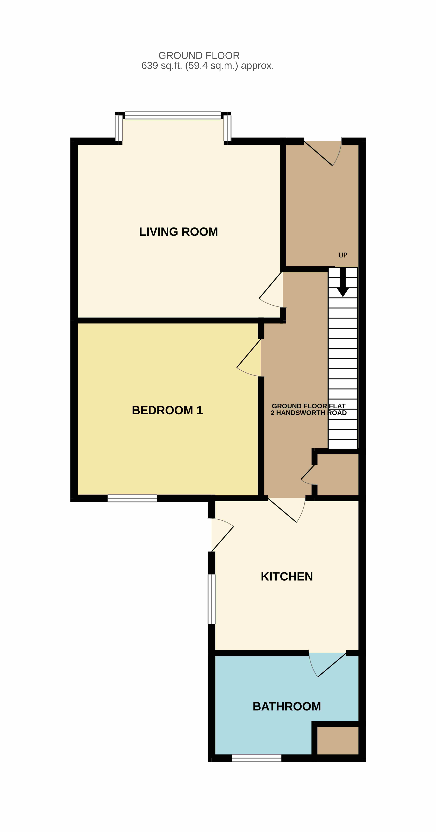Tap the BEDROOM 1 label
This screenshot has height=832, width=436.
(167, 410)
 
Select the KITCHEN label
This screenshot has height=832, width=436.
(287, 577)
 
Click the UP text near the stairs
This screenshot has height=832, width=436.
(343, 255)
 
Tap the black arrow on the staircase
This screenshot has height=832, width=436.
(343, 282)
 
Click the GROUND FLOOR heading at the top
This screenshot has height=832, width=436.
(199, 56)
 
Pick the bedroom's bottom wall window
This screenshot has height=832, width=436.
(132, 498)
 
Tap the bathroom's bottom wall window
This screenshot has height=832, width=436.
(257, 758)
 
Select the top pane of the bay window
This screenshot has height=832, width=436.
(173, 115)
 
